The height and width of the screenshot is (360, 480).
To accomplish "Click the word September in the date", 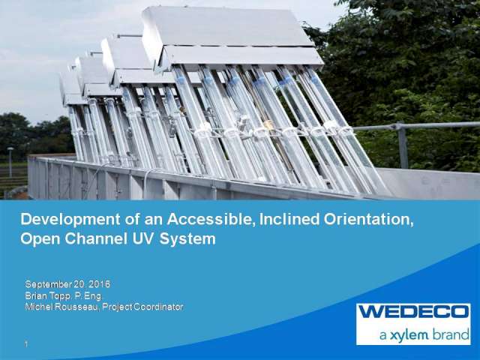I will click(50, 284).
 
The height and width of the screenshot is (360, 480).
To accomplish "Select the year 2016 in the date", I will click(100, 284).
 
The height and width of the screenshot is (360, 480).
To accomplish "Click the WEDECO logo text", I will click(413, 312).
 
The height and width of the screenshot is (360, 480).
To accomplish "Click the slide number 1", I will click(26, 344).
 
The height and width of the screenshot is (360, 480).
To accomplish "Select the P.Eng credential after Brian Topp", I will click(85, 295).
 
